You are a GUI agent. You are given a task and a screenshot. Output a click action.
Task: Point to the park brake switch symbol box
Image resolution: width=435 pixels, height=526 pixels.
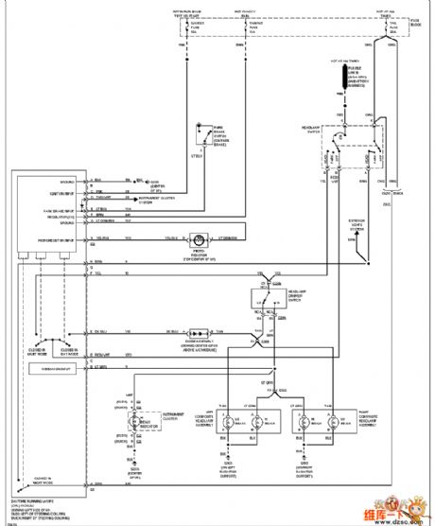pos(201,131)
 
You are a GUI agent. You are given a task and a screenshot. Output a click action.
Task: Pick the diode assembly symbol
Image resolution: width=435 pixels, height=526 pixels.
pos(200,334)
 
